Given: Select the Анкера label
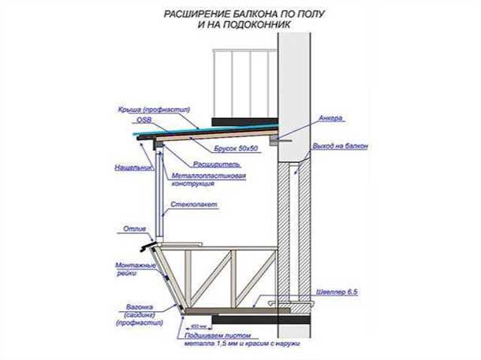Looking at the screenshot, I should click(x=330, y=120).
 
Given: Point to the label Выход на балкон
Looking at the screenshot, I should click(x=341, y=147).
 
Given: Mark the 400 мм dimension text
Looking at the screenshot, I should click(x=192, y=324).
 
